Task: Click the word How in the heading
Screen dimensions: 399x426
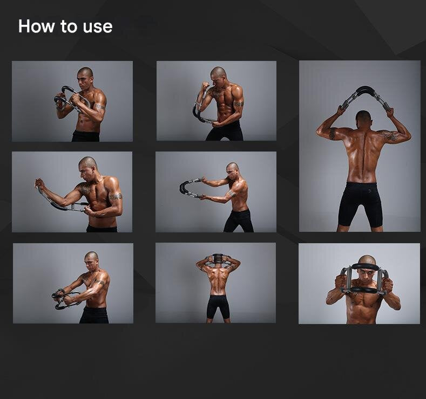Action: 37,26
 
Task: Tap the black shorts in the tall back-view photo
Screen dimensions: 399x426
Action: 360,202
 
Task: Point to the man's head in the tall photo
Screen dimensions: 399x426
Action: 363,119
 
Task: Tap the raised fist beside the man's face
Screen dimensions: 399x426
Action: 205,87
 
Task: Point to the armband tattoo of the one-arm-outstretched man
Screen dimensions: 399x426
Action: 115,197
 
